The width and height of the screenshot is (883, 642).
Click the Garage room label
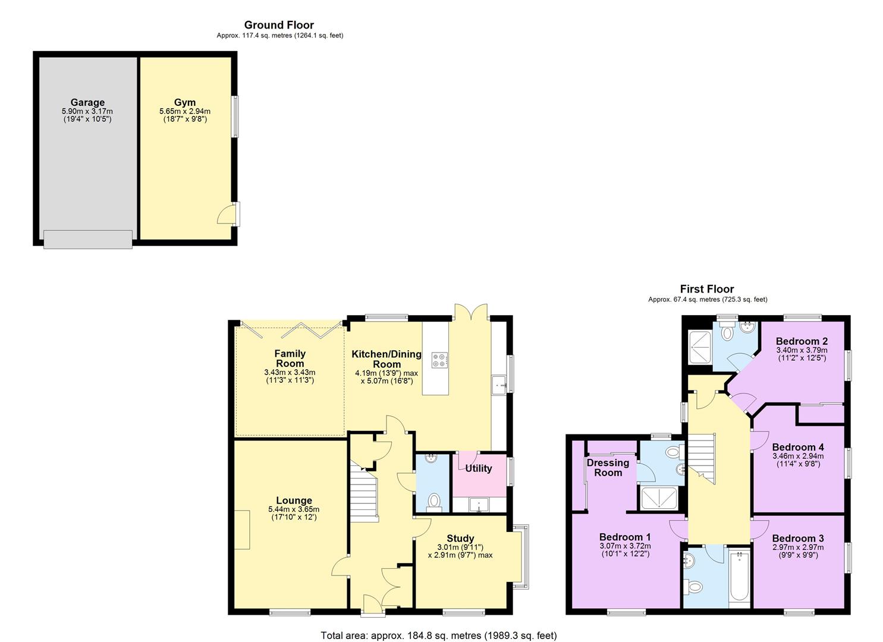tap(87, 103)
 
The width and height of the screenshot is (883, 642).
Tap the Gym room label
tap(185, 102)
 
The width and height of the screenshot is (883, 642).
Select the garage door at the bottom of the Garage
tap(88, 240)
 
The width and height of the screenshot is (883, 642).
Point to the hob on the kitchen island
tap(439, 360)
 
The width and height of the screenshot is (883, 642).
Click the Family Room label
tap(290, 358)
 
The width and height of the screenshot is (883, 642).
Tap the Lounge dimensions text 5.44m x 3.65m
tap(294, 509)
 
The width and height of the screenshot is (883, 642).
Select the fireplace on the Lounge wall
tap(243, 530)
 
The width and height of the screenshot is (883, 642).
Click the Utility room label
tap(479, 468)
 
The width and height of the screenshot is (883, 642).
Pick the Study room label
tap(460, 539)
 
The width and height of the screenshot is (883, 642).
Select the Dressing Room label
tap(608, 468)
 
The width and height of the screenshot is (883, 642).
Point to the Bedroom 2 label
tap(802, 341)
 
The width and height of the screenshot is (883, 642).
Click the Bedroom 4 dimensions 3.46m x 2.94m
tap(798, 456)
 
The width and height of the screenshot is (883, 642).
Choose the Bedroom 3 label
tap(798, 539)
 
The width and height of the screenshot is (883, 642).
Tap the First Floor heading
tap(707, 289)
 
